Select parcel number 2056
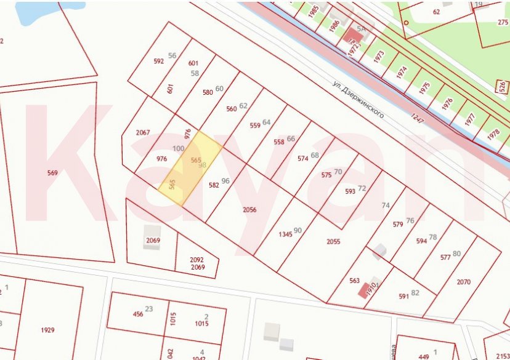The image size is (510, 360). pos(249,210)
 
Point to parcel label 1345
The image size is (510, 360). pos(285,234)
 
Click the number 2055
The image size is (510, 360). pos(333,242)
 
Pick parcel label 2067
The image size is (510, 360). pos(143,133)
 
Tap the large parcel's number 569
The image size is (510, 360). pos(52,173)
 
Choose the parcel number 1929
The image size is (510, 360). pos(47,330)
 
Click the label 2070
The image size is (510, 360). pos(464,282)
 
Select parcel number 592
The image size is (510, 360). pos(159,61)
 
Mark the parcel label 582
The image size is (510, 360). pos(214,185)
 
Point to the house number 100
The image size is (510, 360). pos(178,149)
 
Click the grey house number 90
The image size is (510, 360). pos(298,230)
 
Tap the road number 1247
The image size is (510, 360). pos(418,117)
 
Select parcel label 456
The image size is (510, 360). pos(138,314)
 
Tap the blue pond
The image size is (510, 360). pos(43,11)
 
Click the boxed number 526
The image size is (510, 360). pos(501,86)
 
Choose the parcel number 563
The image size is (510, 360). pos(354,281)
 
